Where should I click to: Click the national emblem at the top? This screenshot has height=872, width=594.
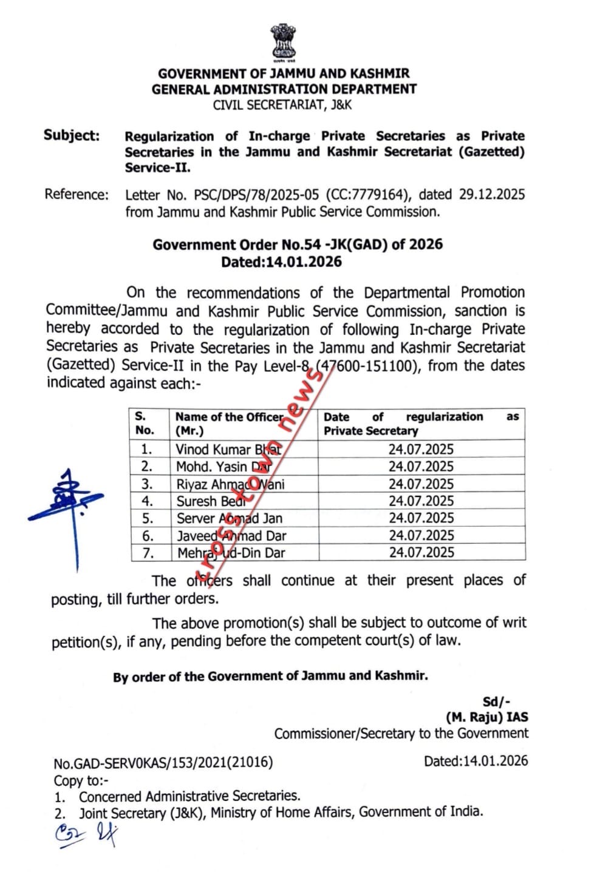click(x=284, y=42)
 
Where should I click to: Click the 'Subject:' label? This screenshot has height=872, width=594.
click(x=72, y=135)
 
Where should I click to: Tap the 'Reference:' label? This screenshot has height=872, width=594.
click(x=77, y=195)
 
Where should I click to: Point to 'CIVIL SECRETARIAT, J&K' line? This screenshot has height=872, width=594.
click(x=282, y=105)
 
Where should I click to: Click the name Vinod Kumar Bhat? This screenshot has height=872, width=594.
click(x=228, y=450)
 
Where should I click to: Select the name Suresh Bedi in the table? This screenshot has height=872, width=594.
click(x=210, y=501)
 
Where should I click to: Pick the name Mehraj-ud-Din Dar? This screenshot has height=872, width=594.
click(x=231, y=553)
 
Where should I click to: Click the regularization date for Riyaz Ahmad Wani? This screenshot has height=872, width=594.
click(x=421, y=484)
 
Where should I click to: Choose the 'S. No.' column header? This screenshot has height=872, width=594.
click(x=145, y=423)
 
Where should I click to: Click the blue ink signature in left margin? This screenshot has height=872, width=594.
click(x=69, y=504)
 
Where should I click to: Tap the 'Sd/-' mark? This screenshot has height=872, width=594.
click(x=496, y=702)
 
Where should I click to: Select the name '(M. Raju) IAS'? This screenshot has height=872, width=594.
click(x=487, y=717)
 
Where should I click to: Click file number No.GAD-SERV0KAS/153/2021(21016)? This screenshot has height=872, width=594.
click(x=163, y=762)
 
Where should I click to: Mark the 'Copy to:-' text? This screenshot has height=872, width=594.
click(x=81, y=780)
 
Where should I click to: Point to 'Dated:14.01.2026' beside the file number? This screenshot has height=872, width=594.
click(x=476, y=761)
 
